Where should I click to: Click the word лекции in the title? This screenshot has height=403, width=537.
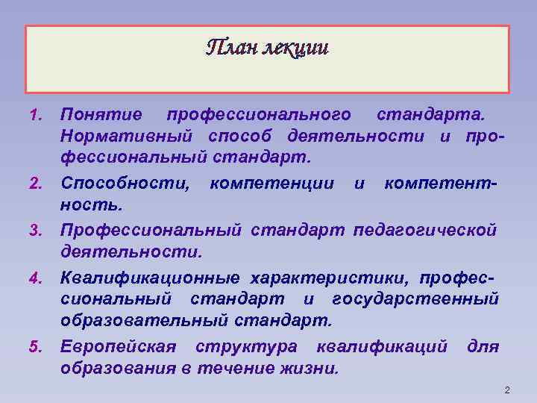(x=294, y=48)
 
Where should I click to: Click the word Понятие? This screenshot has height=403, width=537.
(x=101, y=115)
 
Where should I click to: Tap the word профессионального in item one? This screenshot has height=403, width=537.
(x=259, y=115)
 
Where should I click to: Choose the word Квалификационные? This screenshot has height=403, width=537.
(x=150, y=278)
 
